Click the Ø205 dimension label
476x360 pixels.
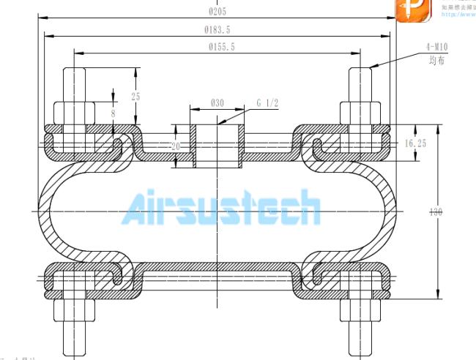(216, 10)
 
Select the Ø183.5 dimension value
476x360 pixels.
(217, 29)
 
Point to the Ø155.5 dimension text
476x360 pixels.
(217, 47)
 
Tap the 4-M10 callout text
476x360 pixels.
(436, 48)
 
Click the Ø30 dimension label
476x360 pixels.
(217, 103)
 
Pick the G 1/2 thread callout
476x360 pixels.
(267, 103)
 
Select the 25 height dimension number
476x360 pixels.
(135, 97)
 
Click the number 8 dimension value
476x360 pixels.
(113, 113)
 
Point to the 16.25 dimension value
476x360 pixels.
(415, 144)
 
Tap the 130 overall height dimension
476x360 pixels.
(436, 212)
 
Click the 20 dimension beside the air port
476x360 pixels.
(176, 146)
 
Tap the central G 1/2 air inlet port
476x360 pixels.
(217, 145)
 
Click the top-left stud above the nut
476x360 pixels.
(75, 84)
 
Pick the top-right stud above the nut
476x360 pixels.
(361, 84)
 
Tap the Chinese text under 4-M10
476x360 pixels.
(437, 61)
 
